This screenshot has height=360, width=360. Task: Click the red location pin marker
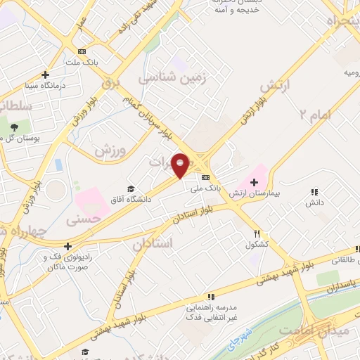(181, 165)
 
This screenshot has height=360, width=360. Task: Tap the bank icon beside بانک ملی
(205, 177)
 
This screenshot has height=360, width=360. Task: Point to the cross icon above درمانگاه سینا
(46, 75)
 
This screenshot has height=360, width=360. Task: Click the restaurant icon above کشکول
(258, 233)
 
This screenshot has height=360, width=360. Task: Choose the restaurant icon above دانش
(314, 191)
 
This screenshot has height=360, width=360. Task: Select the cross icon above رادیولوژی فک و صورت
(67, 246)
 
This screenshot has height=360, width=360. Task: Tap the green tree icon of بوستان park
(13, 126)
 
